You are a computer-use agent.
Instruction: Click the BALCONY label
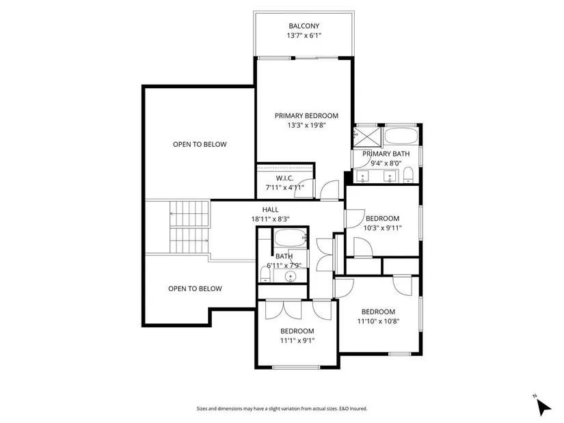coord(304,26)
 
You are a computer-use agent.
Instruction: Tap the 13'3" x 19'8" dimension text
coord(306,125)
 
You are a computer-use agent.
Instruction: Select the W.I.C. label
coord(285,178)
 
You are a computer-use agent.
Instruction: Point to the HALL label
coord(270,209)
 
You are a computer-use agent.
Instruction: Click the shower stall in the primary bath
coord(367,137)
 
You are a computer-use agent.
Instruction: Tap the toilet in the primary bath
coord(408,175)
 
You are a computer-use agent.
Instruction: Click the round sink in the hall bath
coord(291,276)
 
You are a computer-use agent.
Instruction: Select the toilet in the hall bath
coord(265,276)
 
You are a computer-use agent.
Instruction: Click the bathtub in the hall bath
coord(291,238)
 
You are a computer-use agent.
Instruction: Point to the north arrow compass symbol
coord(543,406)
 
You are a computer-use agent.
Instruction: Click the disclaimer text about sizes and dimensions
coord(282,409)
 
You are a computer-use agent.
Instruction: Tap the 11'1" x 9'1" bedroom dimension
coord(297,340)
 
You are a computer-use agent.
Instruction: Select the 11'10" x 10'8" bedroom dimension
coord(379,321)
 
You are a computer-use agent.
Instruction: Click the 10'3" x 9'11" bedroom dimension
coord(382,228)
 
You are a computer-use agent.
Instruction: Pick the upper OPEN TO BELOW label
coord(200,144)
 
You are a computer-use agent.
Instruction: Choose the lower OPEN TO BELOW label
coord(195,288)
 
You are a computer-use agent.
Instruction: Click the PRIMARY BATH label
coord(386,154)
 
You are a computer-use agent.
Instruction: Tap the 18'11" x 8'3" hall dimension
coord(271,219)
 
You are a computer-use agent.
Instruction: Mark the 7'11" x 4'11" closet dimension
coord(285,187)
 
